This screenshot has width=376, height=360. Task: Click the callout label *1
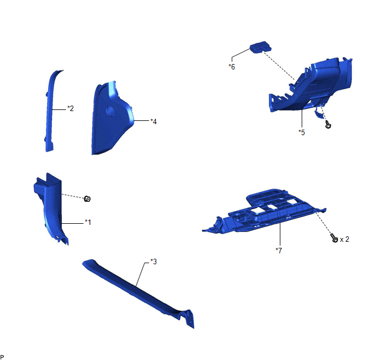coord(88,222)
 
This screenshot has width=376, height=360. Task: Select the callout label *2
coord(70,108)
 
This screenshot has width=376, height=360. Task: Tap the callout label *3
coord(154,262)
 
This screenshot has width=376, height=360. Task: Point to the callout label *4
coord(154,121)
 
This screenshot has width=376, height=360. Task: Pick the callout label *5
coord(302,132)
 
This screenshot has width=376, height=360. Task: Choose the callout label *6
coord(232,67)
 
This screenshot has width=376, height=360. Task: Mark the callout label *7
coord(279,251)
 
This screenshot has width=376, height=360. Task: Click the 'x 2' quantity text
coord(344,239)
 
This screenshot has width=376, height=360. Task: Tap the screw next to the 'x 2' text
coord(334,238)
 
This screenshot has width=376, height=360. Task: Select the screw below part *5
coord(328,124)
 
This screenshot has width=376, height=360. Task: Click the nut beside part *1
coord(87,199)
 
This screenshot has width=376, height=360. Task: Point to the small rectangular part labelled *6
coord(261,47)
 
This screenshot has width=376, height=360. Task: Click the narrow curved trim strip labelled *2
coord(51,111)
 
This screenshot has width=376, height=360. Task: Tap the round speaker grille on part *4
coord(110,112)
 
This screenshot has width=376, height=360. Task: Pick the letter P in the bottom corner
coord(2,357)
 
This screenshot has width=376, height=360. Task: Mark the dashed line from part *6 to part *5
coord(279,66)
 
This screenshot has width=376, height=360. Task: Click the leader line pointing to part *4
coord(142,120)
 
